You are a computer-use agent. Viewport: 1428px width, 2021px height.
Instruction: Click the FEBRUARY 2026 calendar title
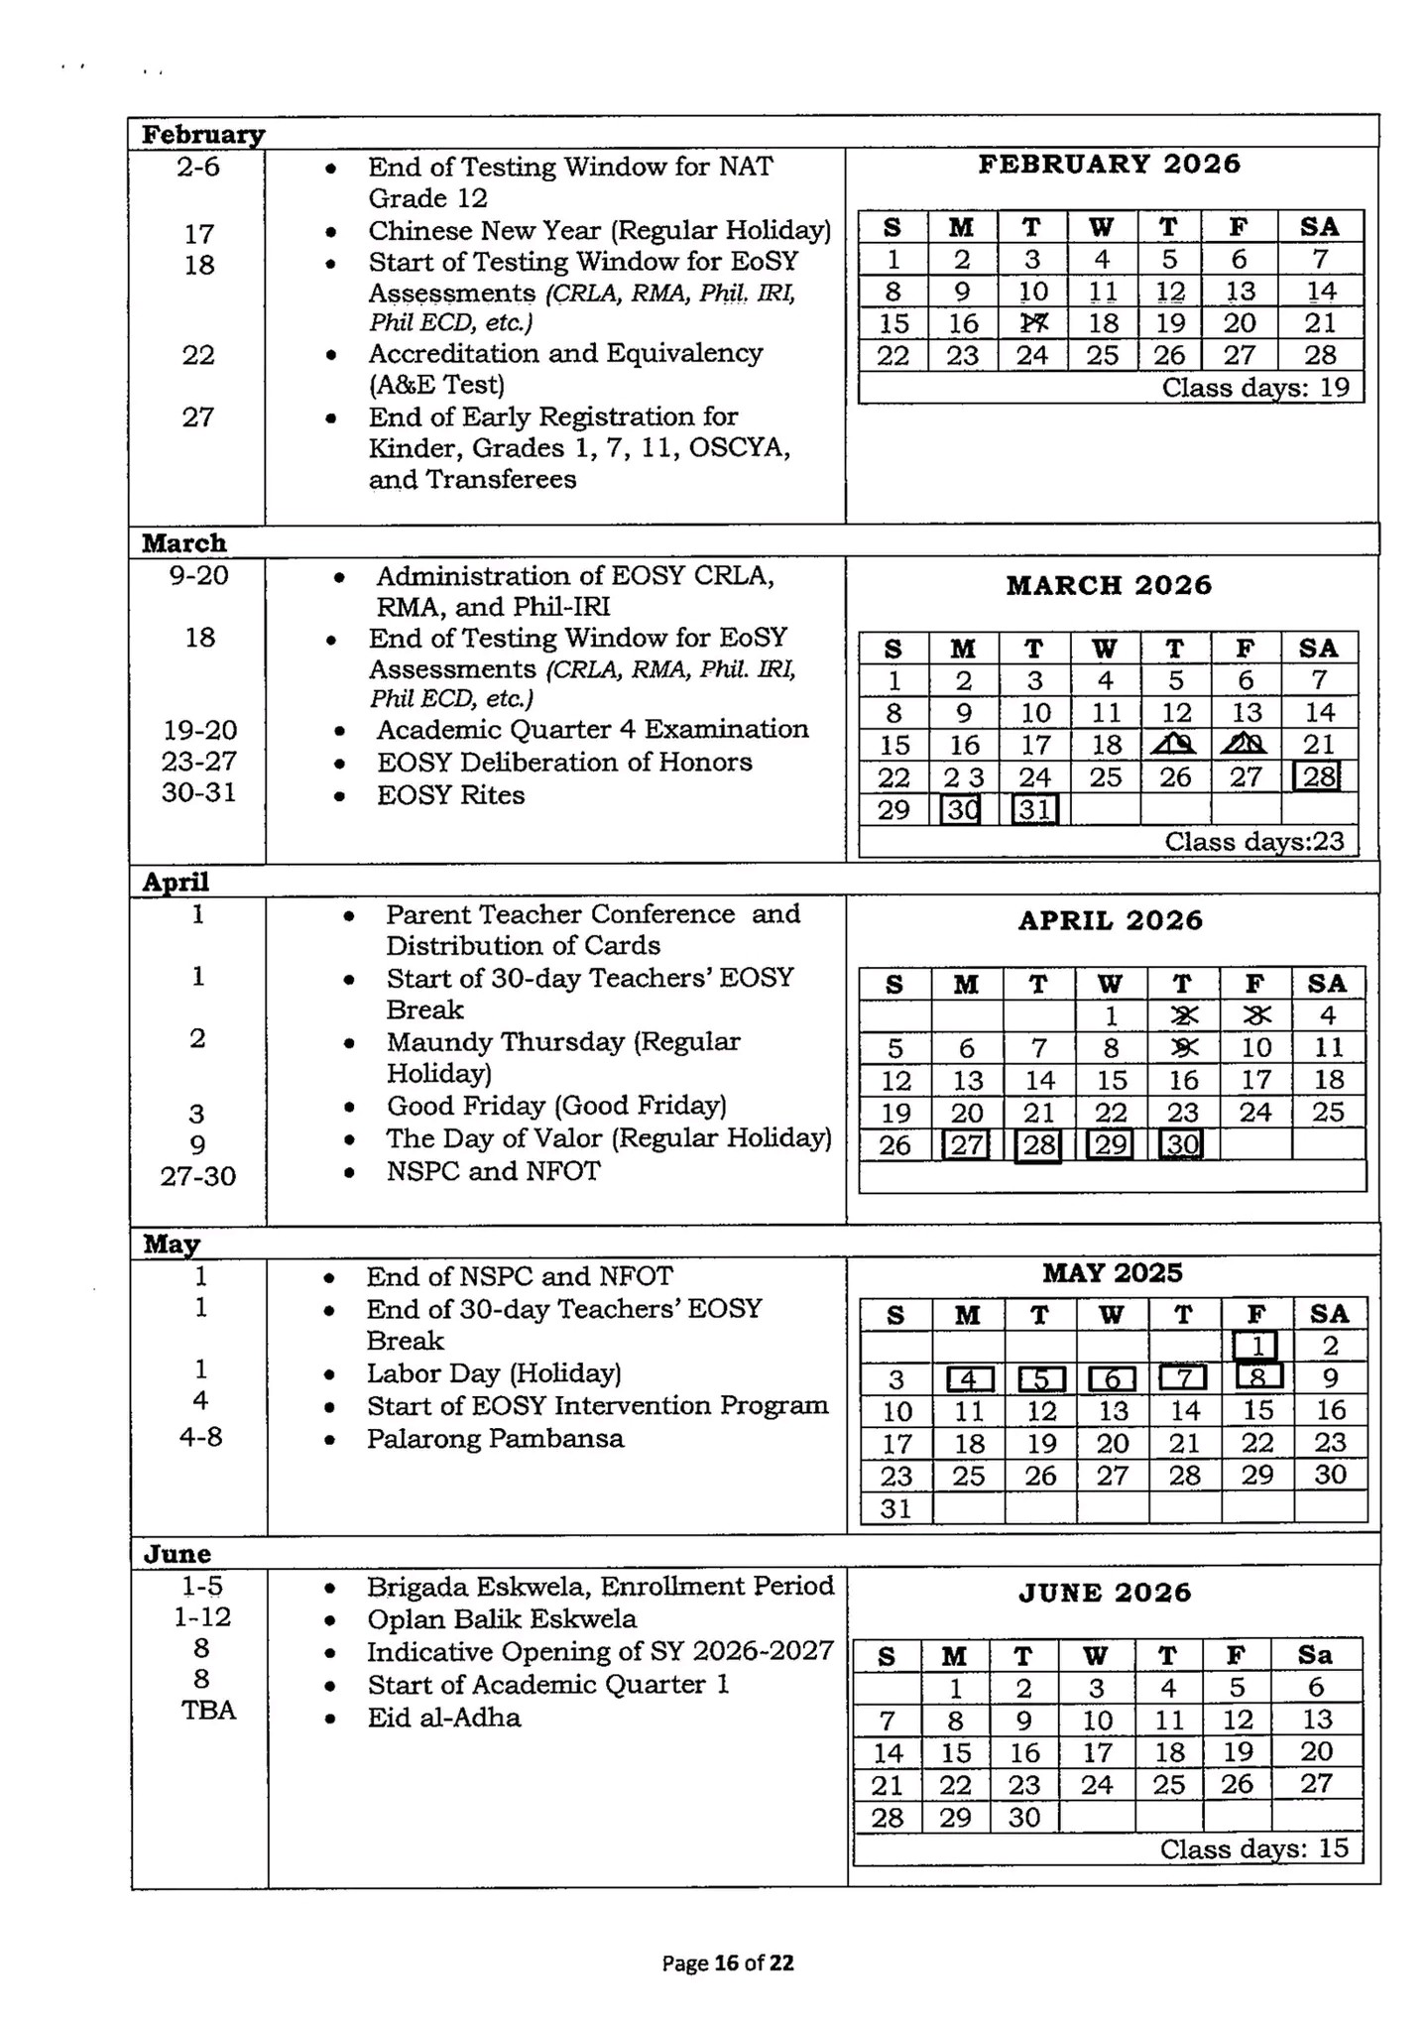(1109, 165)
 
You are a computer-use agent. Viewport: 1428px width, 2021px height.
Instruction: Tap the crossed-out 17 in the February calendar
(1032, 323)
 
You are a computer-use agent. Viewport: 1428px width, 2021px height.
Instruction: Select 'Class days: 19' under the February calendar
(1255, 388)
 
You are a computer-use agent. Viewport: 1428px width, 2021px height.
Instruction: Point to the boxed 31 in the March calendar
(1034, 810)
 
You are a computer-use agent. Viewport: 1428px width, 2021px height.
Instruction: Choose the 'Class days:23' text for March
(1253, 842)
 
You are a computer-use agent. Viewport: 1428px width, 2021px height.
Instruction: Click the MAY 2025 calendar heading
(1112, 1273)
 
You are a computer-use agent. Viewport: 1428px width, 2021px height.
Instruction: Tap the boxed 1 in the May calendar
(1255, 1346)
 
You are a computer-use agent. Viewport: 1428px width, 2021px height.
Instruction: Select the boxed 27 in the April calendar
(966, 1145)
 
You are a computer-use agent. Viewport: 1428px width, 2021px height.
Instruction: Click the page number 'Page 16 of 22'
(728, 1962)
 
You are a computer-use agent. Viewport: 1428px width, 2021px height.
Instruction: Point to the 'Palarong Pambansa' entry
(495, 1439)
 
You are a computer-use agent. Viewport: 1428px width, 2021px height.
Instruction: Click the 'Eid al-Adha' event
(443, 1718)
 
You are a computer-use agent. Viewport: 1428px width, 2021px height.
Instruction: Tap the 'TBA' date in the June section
(208, 1711)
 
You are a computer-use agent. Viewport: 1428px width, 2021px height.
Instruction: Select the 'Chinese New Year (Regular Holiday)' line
(599, 231)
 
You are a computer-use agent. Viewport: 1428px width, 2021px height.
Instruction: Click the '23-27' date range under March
(199, 762)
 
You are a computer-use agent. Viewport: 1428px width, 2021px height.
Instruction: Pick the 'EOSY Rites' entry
(450, 795)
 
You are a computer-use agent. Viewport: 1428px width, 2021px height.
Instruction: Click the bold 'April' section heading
(176, 882)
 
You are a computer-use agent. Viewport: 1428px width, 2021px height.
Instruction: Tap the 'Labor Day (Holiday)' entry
(493, 1373)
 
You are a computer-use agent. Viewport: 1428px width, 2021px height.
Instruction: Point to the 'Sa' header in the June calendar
(1315, 1655)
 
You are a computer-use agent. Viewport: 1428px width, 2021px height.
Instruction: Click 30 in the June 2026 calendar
(1023, 1818)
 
